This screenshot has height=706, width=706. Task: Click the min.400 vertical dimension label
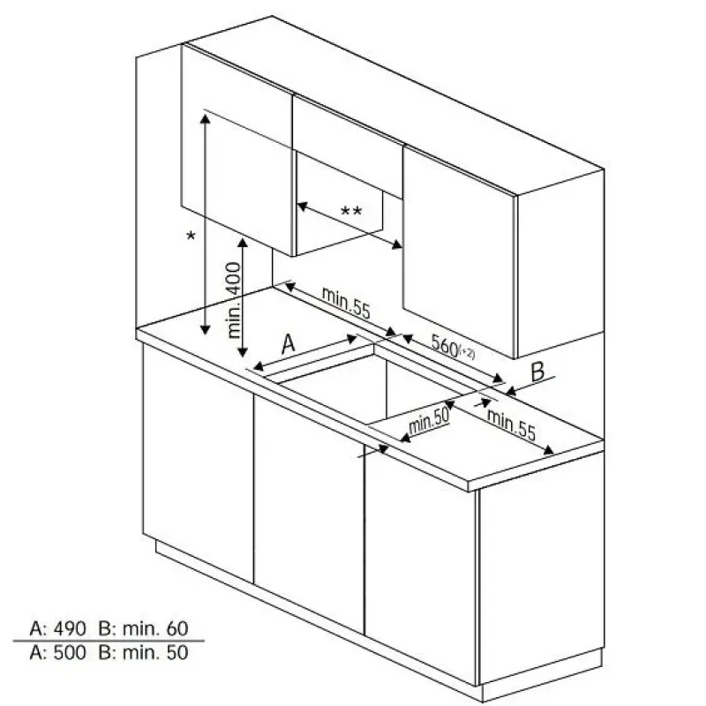[235, 300]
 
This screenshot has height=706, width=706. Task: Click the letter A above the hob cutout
[289, 344]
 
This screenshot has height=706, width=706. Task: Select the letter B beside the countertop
[537, 372]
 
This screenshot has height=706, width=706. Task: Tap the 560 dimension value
[445, 345]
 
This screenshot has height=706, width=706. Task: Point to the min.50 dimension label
[429, 422]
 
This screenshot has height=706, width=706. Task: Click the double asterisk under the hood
[350, 211]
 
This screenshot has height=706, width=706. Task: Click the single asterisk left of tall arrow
[191, 236]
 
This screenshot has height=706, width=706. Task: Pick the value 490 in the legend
[70, 628]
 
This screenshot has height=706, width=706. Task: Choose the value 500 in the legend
[70, 653]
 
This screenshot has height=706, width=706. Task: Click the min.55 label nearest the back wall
[346, 303]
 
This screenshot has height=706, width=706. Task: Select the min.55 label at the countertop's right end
[512, 425]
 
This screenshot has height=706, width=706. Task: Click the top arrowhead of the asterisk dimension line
[206, 119]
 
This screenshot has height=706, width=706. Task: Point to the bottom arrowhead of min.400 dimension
[243, 352]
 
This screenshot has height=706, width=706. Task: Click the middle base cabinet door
[310, 514]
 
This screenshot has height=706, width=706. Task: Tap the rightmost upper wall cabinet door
[459, 252]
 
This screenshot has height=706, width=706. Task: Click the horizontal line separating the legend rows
[109, 641]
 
